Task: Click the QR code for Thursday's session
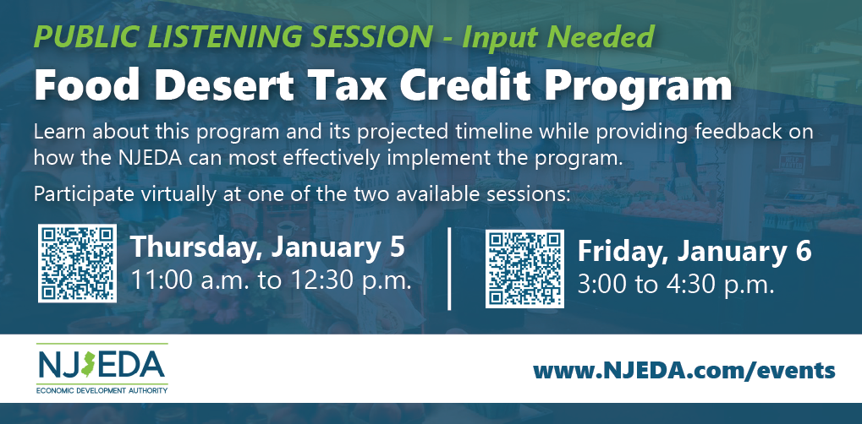(x=77, y=263)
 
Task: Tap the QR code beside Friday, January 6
(x=524, y=269)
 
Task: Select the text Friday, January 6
(x=695, y=252)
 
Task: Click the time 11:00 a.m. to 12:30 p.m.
(x=271, y=280)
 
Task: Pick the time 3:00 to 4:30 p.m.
(x=676, y=285)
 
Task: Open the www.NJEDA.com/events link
(x=684, y=371)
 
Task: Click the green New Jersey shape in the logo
(x=88, y=364)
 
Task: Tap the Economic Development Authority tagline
(x=102, y=390)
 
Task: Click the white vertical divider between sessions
(x=450, y=268)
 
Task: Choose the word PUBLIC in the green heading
(x=85, y=37)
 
